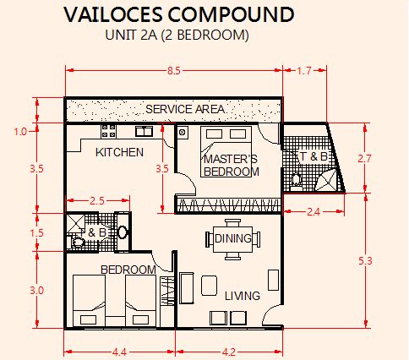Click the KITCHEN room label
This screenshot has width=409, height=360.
119,152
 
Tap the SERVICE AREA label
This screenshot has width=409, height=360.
185,109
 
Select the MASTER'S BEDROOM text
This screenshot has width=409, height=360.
231,166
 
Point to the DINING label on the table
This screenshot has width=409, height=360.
233,238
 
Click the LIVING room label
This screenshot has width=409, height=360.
243,296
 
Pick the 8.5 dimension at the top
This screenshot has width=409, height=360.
174,70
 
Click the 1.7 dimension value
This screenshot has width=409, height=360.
304,70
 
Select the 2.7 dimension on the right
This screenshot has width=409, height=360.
365,159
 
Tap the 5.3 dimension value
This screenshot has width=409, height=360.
365,261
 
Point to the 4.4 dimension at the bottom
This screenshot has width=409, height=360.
119,352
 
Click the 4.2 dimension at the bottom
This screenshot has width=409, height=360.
229,352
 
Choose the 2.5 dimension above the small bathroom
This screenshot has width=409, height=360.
97,201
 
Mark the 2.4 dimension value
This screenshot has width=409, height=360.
314,211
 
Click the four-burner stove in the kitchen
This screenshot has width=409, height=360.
108,131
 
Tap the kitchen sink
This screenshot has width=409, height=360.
144,131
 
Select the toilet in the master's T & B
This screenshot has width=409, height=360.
296,180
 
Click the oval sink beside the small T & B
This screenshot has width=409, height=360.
123,232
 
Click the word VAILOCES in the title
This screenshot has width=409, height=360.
113,14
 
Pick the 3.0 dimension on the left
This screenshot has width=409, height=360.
36,290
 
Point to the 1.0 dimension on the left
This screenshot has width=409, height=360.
20,132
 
